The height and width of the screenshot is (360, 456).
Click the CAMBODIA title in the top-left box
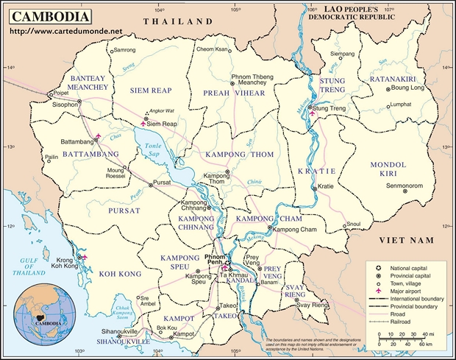pos(49,17)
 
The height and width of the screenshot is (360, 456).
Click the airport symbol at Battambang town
pos(97,135)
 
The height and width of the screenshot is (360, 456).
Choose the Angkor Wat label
pos(162,111)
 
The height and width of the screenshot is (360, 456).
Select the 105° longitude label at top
pos(236,10)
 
